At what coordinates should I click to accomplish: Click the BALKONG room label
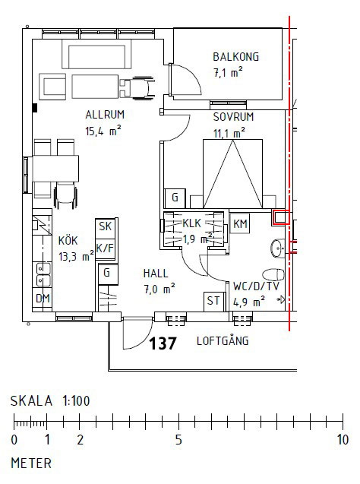tap(236, 57)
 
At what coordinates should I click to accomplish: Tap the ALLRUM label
tap(104, 115)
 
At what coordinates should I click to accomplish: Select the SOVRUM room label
tap(232, 118)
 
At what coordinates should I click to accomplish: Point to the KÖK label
tap(68, 241)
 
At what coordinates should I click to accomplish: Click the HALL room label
tap(155, 273)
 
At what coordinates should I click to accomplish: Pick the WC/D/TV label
tap(257, 286)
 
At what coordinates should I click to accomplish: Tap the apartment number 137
tap(163, 343)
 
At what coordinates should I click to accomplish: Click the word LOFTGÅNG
tap(223, 341)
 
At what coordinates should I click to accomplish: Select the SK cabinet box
tap(105, 227)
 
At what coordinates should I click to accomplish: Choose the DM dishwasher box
tap(43, 299)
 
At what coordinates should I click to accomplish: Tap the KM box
tap(240, 223)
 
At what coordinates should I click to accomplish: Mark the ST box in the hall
tap(213, 301)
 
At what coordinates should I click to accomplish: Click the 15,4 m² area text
tap(104, 131)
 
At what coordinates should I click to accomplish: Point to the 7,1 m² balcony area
tap(228, 73)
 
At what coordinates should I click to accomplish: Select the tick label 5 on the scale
tap(178, 440)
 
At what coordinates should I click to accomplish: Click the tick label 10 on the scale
tap(343, 440)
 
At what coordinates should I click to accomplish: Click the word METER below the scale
tap(30, 462)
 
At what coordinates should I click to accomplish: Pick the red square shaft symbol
tap(280, 218)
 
